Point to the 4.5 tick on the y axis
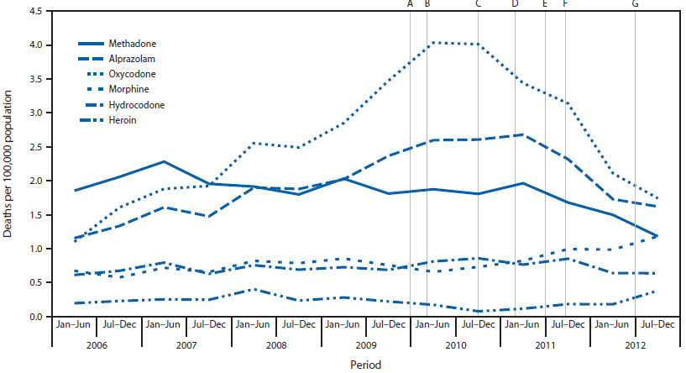36,11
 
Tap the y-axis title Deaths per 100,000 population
9,164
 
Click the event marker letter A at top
410,4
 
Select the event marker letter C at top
479,4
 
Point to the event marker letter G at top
635,4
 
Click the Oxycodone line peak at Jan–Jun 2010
432,42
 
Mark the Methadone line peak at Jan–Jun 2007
164,161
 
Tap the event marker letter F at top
564,4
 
